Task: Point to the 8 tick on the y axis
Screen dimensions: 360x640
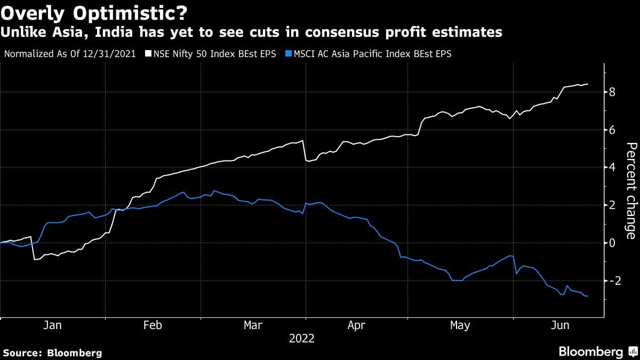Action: tap(612, 92)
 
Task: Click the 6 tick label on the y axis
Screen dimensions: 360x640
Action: tap(612, 130)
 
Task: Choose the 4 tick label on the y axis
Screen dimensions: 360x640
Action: tap(612, 167)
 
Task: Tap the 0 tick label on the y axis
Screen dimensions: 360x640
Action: tap(612, 243)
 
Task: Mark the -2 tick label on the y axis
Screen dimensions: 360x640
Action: tap(611, 281)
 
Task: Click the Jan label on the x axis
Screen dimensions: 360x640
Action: tap(52, 325)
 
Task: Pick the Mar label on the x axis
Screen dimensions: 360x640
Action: tap(253, 325)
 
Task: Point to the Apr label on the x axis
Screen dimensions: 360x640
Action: tap(356, 325)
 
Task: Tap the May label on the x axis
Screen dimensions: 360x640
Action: tap(460, 325)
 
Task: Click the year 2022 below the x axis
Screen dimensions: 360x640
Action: tap(302, 338)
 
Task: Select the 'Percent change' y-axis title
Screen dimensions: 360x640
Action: tap(630, 190)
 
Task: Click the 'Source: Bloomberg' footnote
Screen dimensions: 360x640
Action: tap(52, 353)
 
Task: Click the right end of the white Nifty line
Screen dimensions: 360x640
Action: tap(588, 84)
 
